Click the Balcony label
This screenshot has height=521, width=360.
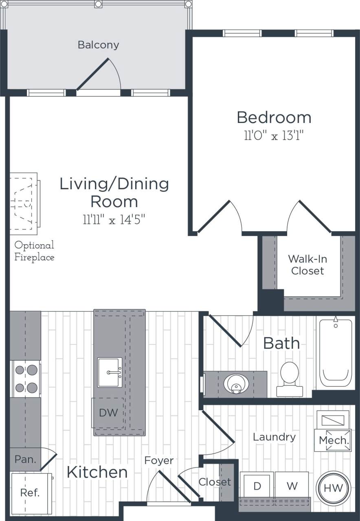(98, 44)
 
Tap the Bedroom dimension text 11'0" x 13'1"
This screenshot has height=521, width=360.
(274, 136)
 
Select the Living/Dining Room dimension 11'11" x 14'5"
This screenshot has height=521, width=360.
(114, 220)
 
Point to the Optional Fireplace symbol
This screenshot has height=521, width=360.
(24, 203)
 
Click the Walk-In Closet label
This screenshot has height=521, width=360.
(307, 265)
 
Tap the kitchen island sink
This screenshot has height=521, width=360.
(110, 372)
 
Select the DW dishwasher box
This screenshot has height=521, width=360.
(108, 413)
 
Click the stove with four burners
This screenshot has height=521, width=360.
(26, 379)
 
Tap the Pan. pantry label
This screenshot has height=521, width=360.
(25, 460)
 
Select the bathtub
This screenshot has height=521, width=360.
(336, 352)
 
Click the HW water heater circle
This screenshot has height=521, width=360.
(333, 488)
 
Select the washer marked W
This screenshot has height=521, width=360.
(292, 486)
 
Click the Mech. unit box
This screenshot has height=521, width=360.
(334, 440)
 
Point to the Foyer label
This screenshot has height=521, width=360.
(159, 460)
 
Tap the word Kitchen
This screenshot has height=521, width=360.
(97, 472)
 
